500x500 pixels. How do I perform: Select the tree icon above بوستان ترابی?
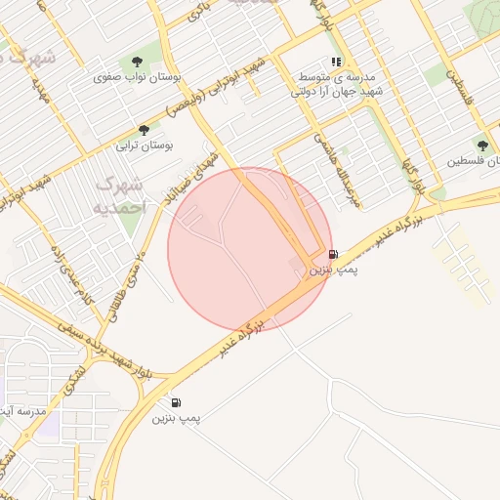click(x=145, y=129)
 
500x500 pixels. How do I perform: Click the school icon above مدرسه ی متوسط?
click(x=337, y=61)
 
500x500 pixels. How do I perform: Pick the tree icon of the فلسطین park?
click(x=481, y=145)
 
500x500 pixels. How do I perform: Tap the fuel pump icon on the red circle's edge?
click(x=333, y=255)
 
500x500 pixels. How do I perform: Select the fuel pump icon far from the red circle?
click(x=176, y=402)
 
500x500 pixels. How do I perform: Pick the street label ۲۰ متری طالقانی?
click(x=128, y=283)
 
